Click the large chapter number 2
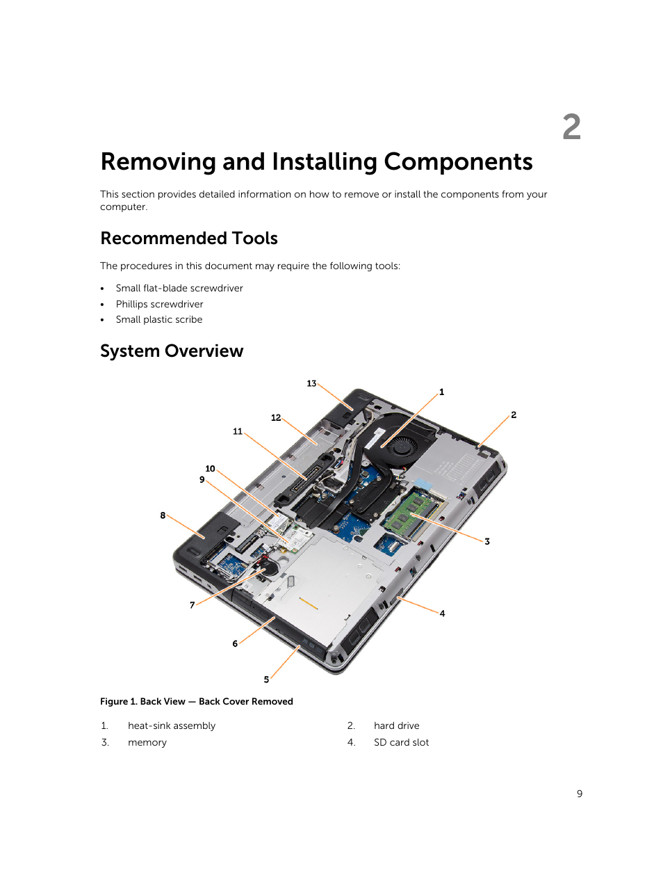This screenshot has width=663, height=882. coord(571,127)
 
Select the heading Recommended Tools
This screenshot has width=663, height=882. coord(189,239)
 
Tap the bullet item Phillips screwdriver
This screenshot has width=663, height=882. coord(159,304)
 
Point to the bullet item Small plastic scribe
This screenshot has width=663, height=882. coord(159,319)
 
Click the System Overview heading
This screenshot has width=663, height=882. coord(172,351)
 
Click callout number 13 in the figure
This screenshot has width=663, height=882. coord(311,383)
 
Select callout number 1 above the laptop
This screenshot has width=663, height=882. coord(441,392)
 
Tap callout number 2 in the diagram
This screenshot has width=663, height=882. coord(514,415)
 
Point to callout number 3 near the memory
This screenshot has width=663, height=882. coord(487,541)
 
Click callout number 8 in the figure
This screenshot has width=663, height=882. coord(163,515)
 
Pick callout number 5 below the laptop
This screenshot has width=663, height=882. coord(266,680)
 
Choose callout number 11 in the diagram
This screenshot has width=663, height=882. coord(238,431)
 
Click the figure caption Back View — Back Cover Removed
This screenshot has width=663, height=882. coord(197,701)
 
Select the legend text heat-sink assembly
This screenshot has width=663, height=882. coord(172,725)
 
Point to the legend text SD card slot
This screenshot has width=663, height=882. coord(401,742)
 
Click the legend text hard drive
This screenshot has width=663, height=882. coord(396,725)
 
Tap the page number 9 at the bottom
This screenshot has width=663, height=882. coord(580,794)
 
